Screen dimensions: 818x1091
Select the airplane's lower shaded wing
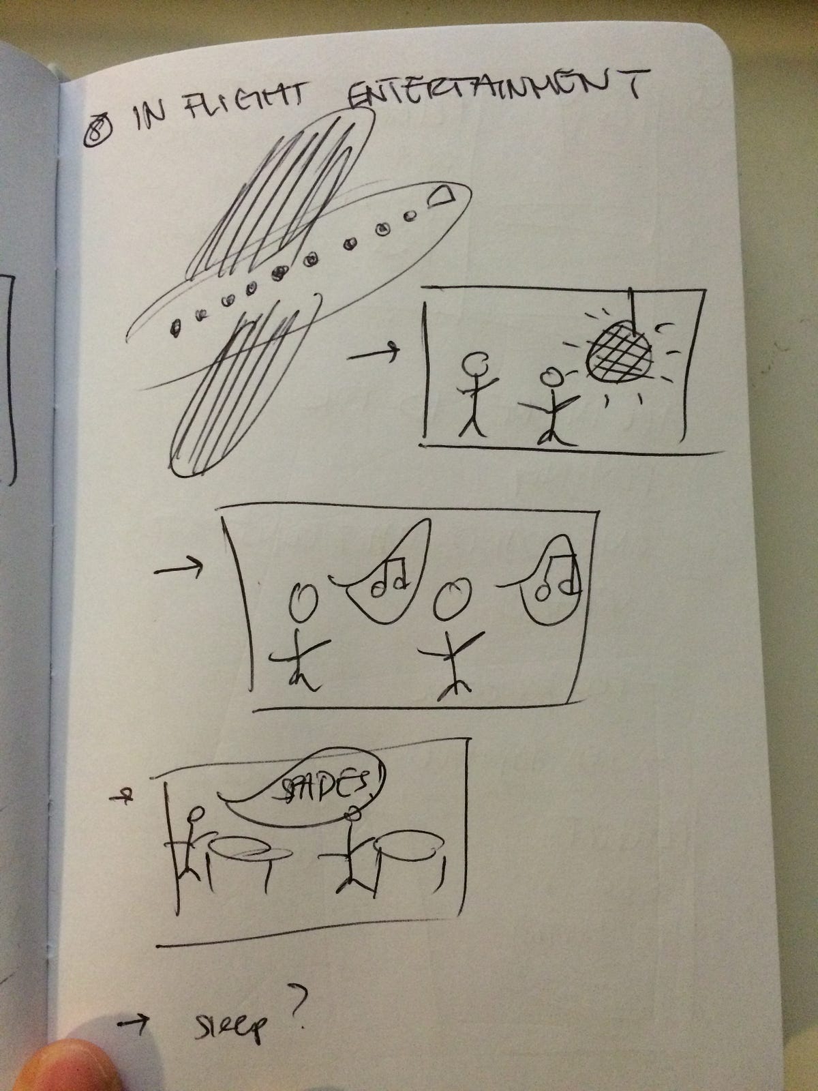243,383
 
